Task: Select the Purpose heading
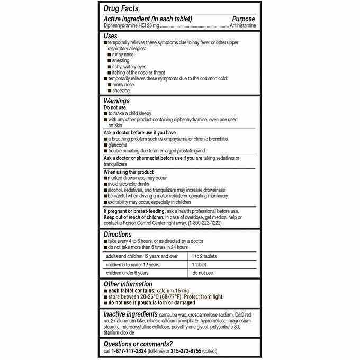click(x=244, y=18)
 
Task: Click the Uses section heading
click(x=111, y=35)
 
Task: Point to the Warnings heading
click(x=116, y=101)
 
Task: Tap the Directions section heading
click(x=118, y=234)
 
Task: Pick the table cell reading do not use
click(x=202, y=273)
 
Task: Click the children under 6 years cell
click(x=127, y=273)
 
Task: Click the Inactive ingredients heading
click(x=130, y=314)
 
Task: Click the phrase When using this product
click(x=129, y=172)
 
